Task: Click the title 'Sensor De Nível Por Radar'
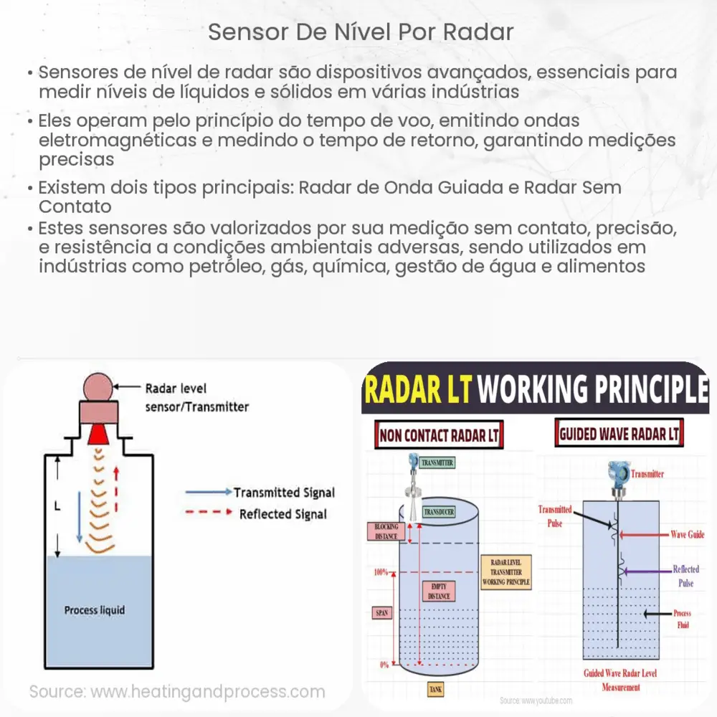tap(361, 33)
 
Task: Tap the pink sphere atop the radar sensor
tap(104, 388)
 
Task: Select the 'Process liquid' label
tap(94, 610)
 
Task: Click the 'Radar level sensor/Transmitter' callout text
tap(196, 398)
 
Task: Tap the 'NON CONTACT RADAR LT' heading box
tap(439, 435)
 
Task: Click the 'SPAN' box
tap(382, 613)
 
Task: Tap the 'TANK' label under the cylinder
tap(435, 689)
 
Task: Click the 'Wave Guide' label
tap(687, 534)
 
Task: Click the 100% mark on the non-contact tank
tap(381, 572)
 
